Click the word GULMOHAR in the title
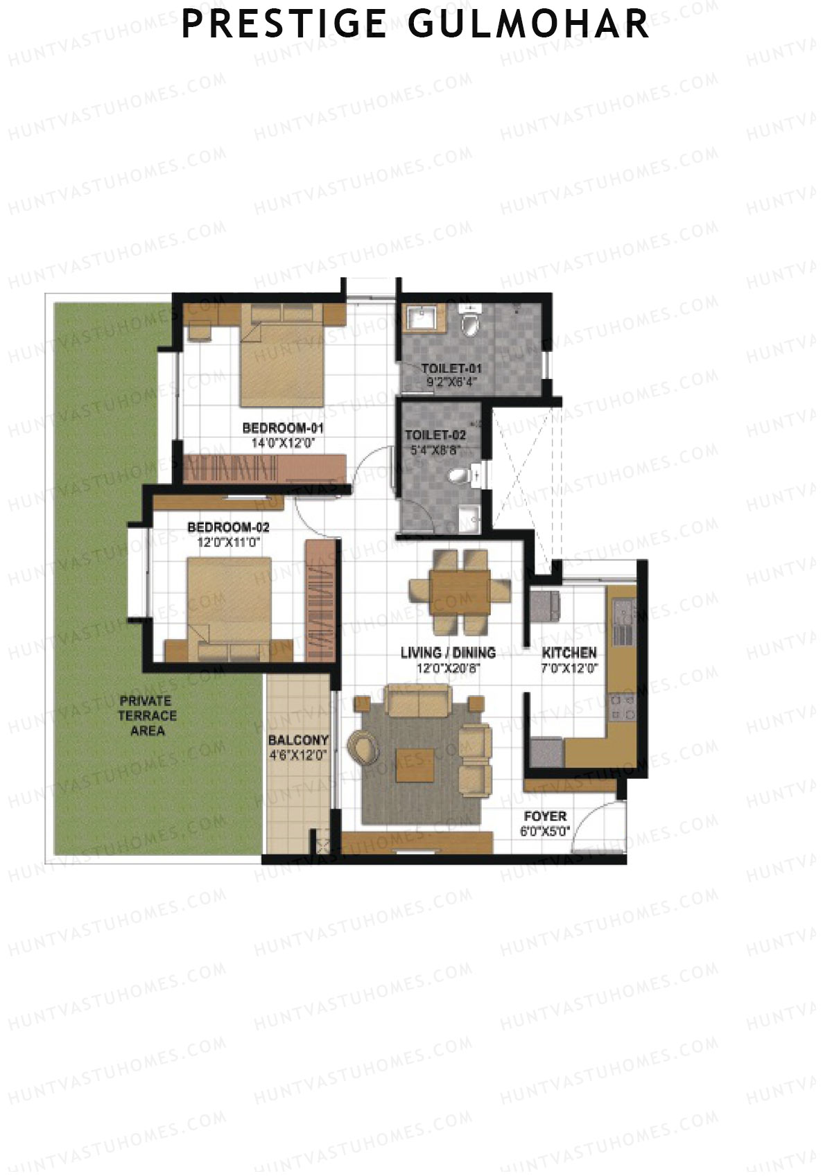click(x=528, y=24)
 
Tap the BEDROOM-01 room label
click(x=283, y=428)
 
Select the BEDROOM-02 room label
click(x=228, y=527)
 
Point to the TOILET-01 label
click(x=451, y=368)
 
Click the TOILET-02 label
click(x=435, y=435)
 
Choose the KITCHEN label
click(x=569, y=653)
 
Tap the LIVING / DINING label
click(x=448, y=653)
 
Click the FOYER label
click(x=545, y=816)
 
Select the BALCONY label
click(x=298, y=740)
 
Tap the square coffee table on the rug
click(x=415, y=765)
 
